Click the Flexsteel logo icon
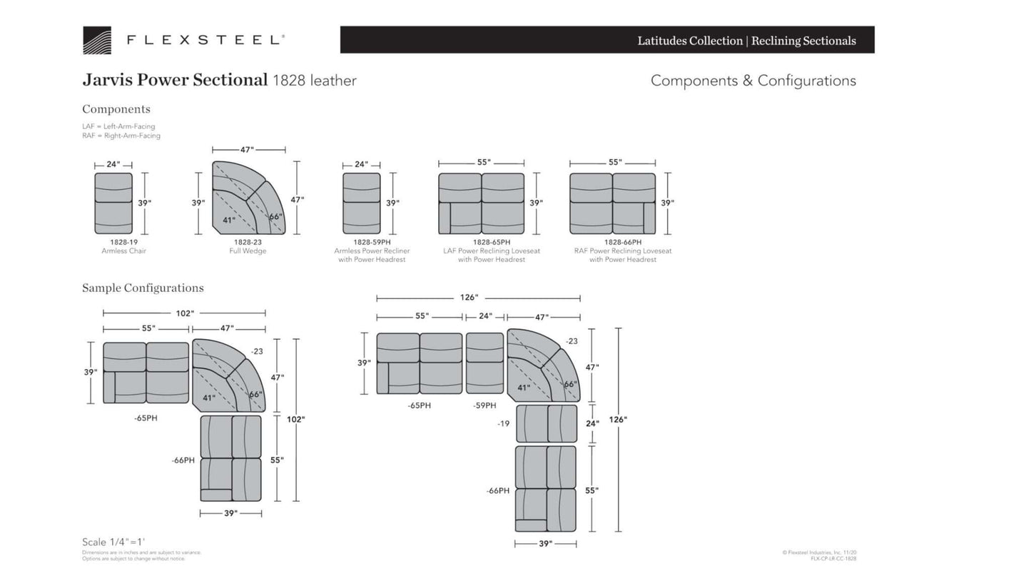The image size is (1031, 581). click(96, 41)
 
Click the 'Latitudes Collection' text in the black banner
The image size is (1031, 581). click(689, 41)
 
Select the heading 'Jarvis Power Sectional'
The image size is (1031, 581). click(175, 80)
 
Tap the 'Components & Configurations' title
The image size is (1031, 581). click(753, 81)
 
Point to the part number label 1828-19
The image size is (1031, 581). click(123, 242)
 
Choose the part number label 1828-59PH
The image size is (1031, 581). click(372, 242)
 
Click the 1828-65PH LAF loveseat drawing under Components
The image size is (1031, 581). click(481, 203)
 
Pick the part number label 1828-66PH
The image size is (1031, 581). click(622, 242)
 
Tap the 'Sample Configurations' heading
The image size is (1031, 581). click(143, 288)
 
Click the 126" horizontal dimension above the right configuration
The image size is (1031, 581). click(469, 298)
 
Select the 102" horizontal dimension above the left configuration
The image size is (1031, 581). click(185, 313)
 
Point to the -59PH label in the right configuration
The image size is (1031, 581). click(484, 405)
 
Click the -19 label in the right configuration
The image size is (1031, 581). click(503, 423)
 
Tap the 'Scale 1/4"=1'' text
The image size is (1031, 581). click(113, 542)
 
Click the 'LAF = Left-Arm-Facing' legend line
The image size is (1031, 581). click(118, 126)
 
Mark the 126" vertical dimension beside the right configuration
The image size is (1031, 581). click(618, 420)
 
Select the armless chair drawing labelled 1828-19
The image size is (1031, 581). click(113, 203)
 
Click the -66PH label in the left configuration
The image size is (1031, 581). click(183, 460)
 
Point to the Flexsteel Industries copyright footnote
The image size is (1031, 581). click(819, 552)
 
